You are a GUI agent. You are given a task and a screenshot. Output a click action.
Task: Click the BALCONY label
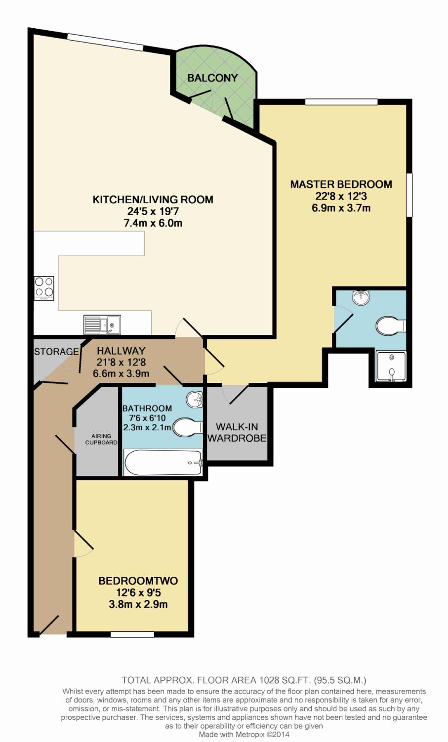212,78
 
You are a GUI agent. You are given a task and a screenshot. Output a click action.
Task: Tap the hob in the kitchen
44,288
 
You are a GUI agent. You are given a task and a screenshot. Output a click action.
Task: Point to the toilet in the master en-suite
390,326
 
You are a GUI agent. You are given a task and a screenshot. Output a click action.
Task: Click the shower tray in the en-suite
391,367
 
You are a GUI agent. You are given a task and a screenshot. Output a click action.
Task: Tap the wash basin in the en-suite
361,298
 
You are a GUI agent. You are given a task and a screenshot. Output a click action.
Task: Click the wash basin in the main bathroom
195,399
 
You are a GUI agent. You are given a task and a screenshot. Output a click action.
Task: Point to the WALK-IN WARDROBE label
237,432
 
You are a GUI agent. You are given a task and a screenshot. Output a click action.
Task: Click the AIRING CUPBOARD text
101,439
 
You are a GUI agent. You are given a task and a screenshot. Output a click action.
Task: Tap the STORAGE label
56,352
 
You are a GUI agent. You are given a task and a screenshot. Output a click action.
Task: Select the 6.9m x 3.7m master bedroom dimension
341,208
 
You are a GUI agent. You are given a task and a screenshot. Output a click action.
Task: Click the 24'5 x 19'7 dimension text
153,211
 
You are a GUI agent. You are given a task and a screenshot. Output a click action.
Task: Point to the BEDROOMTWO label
138,581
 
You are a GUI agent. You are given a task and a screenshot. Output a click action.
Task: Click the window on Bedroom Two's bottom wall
132,634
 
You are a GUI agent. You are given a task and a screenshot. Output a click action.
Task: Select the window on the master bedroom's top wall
341,102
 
